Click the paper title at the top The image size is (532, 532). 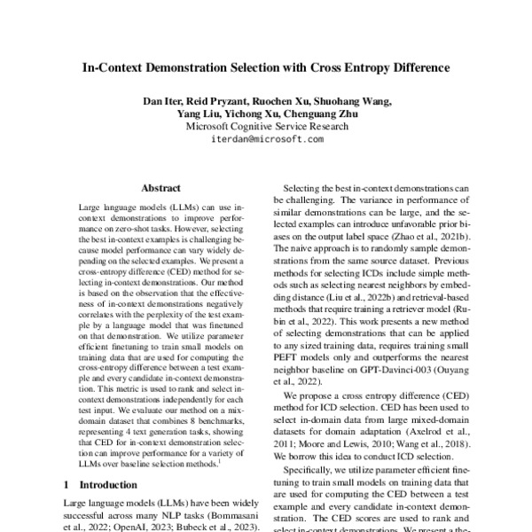tap(266, 66)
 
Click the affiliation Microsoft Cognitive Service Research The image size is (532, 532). tap(267, 126)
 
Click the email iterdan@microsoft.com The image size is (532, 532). tap(267, 139)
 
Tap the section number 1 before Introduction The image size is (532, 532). tap(68, 485)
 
